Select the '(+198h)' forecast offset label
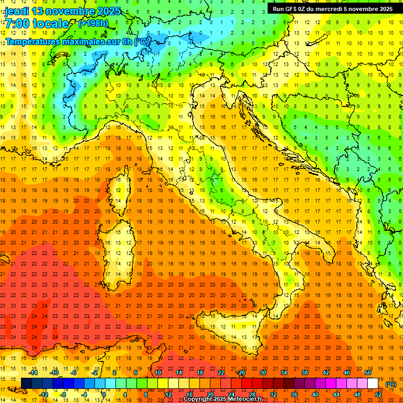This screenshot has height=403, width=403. [93, 24]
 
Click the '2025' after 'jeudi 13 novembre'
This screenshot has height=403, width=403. [108, 11]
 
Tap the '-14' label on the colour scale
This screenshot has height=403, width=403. [34, 373]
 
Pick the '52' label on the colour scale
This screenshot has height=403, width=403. [378, 394]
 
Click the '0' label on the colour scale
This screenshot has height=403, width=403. [104, 394]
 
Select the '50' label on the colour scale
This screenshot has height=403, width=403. [367, 373]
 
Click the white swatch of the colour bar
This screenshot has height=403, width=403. [373, 384]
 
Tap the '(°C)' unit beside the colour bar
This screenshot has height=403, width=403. [391, 384]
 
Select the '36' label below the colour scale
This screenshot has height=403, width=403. [294, 394]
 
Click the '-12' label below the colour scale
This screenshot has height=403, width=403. [44, 394]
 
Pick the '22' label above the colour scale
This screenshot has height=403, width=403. [220, 373]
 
